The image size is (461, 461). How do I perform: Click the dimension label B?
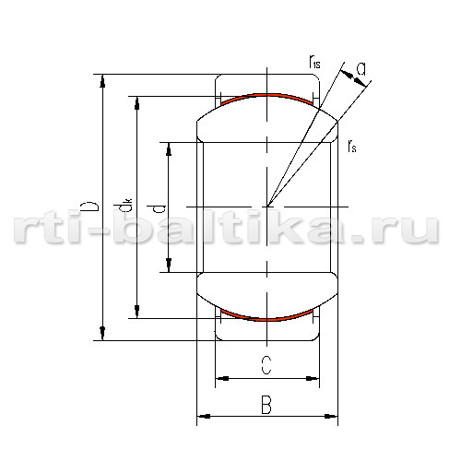click(x=266, y=405)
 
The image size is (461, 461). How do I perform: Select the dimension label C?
click(x=266, y=365)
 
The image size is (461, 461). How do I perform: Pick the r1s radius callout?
click(x=314, y=62)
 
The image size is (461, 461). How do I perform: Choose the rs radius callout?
click(x=352, y=146)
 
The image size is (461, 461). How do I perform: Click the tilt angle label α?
click(x=361, y=69)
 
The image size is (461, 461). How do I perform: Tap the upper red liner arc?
click(x=266, y=95)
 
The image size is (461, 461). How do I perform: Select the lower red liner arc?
click(x=266, y=320)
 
